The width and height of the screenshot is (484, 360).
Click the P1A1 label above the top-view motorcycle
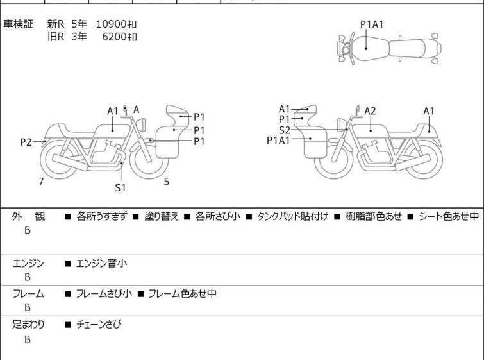[x=372, y=24]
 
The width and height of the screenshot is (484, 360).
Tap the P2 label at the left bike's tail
[x=26, y=142]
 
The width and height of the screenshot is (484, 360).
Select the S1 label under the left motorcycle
[x=121, y=187]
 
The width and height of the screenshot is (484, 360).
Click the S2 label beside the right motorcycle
[x=284, y=130]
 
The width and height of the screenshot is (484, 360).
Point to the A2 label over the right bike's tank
[x=370, y=111]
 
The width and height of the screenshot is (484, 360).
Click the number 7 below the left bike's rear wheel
[x=41, y=182]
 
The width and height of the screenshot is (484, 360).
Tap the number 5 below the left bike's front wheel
[x=167, y=182]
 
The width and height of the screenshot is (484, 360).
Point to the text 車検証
[x=18, y=24]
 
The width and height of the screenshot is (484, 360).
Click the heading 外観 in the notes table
[x=28, y=216]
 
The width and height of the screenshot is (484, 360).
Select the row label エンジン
[x=28, y=264]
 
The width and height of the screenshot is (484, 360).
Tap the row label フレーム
[x=28, y=293]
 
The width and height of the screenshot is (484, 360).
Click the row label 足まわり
[x=28, y=325]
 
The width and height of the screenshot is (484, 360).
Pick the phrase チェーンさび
[x=99, y=325]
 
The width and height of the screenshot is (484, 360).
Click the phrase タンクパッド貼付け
[x=292, y=216]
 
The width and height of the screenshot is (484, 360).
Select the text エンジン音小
[x=101, y=264]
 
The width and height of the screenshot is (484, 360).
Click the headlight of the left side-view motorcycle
[x=141, y=124]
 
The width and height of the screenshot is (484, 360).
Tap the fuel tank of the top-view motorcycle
[x=370, y=49]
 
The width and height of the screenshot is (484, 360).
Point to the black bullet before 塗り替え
[x=136, y=217]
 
